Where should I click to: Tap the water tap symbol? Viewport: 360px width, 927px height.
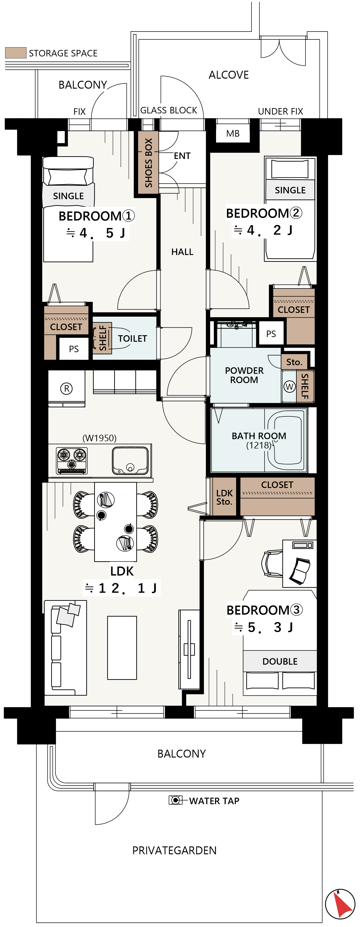(175, 800)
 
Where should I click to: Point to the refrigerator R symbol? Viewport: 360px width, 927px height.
(67, 389)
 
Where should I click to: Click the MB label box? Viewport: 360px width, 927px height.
(233, 133)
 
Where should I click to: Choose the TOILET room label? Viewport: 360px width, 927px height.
(133, 339)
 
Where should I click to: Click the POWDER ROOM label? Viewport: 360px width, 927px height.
(244, 375)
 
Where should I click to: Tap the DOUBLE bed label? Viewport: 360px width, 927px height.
(280, 661)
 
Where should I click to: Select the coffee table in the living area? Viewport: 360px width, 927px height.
(122, 648)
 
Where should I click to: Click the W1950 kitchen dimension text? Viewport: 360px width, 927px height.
(100, 438)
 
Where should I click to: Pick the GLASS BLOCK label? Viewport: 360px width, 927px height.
(169, 110)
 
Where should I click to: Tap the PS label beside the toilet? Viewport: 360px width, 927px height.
(74, 349)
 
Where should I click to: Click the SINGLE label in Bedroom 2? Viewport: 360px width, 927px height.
(290, 190)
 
